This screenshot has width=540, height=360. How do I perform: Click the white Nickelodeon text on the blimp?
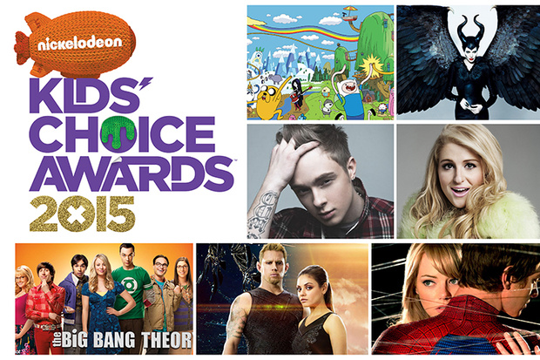(x=79, y=43)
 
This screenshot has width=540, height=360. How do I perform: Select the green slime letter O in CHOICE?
(x=118, y=133)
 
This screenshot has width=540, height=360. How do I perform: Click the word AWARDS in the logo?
(x=132, y=173)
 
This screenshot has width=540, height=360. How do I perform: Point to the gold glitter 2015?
(x=82, y=214)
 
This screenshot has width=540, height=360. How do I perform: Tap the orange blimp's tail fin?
(x=22, y=48)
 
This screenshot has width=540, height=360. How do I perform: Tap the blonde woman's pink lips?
(x=460, y=191)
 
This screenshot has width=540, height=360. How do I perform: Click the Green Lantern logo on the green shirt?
(x=132, y=284)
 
